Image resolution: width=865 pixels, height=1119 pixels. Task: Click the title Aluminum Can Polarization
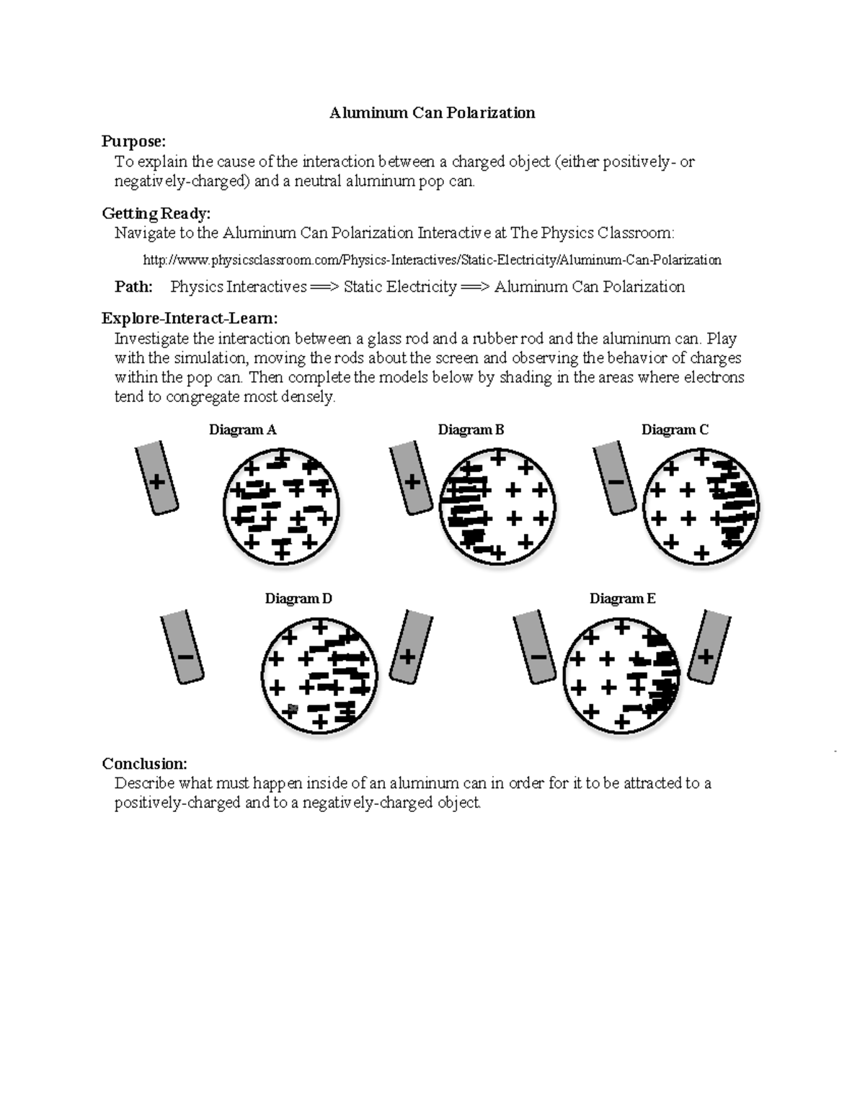click(432, 112)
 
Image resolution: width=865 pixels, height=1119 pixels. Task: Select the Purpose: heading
click(133, 141)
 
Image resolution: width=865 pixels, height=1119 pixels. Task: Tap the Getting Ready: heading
click(156, 213)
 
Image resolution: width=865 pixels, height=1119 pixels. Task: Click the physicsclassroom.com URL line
click(432, 259)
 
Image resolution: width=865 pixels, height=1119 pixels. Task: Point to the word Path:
click(133, 287)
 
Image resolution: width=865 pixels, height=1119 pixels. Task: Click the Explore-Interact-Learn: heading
click(189, 318)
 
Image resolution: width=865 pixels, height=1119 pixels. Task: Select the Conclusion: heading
click(144, 764)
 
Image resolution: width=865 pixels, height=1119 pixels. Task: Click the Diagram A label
click(242, 430)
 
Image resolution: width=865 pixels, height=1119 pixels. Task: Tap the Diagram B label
click(471, 430)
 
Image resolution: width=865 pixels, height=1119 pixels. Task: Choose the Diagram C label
click(675, 430)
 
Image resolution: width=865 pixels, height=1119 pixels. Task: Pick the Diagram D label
click(298, 599)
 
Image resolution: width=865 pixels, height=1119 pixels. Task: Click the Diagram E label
click(622, 599)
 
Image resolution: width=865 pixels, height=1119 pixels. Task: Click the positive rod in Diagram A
click(156, 479)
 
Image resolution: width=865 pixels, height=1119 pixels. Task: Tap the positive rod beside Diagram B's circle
click(411, 479)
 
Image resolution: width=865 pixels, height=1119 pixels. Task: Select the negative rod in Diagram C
click(615, 479)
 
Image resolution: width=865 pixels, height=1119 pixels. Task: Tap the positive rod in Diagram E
click(709, 646)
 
